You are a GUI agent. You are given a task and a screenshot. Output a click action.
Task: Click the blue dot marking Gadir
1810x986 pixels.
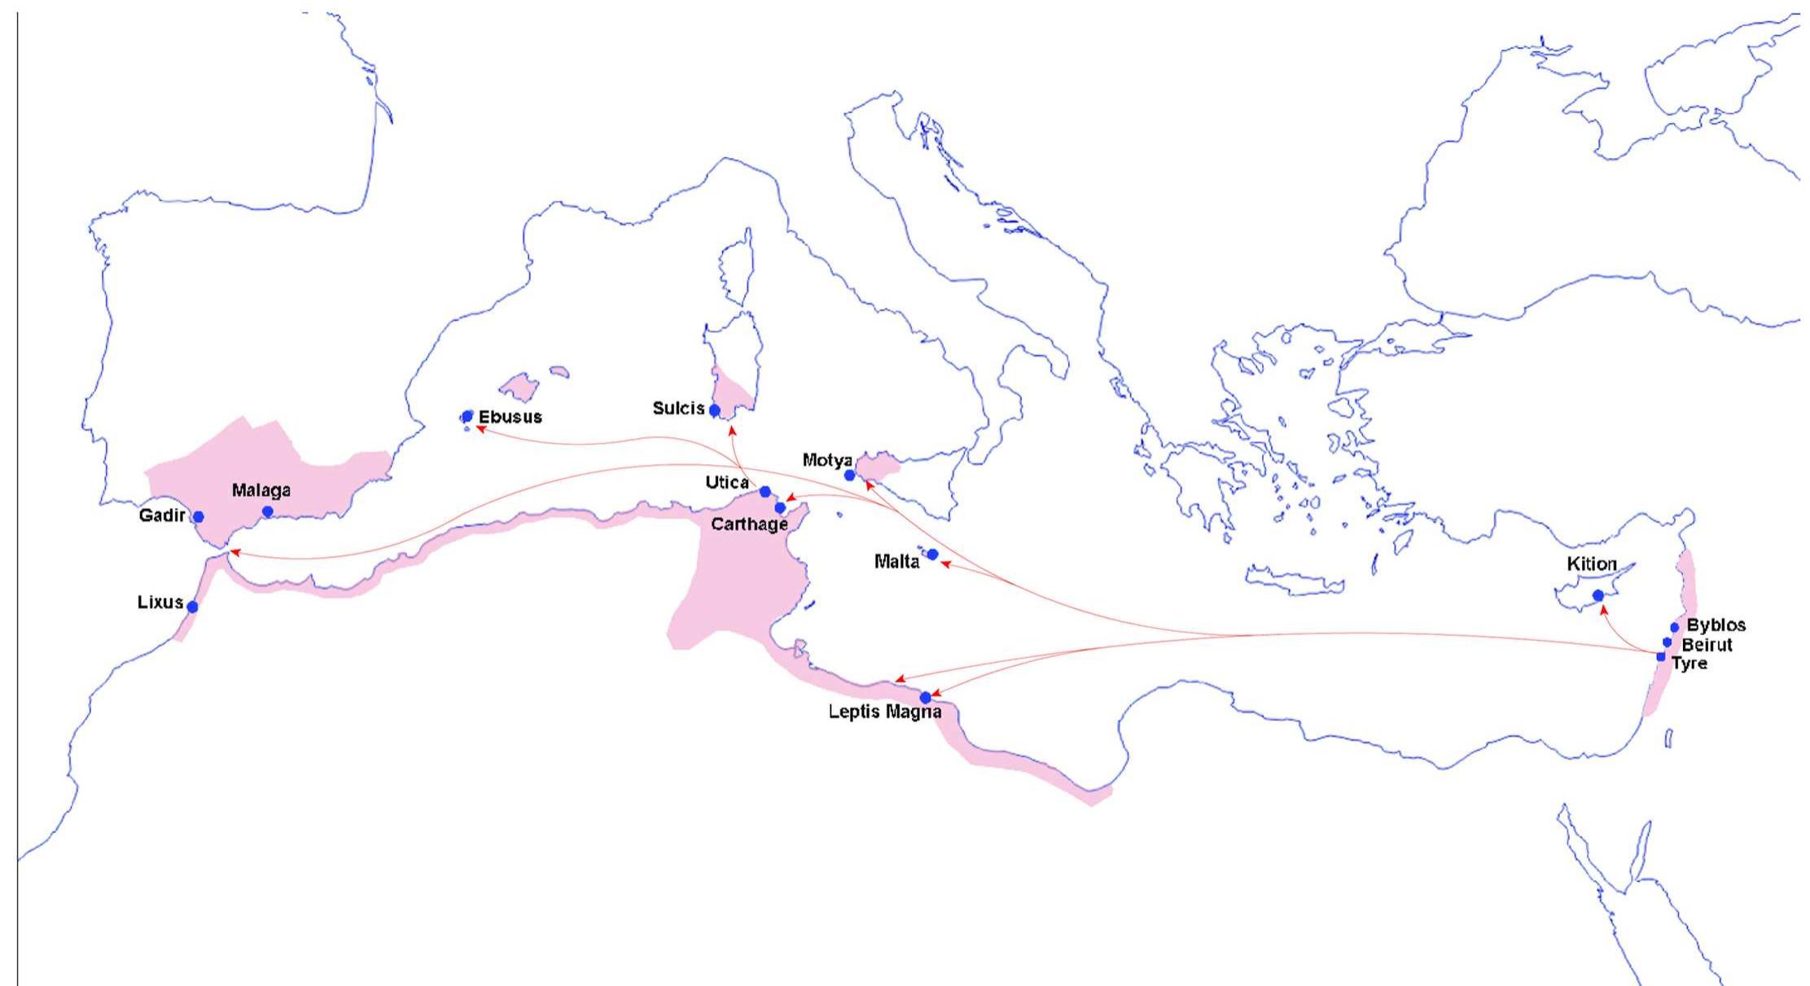pos(198,517)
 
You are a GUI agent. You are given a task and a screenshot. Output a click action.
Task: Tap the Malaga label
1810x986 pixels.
pos(261,490)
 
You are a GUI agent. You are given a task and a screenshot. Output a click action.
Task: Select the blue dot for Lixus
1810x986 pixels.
pos(192,607)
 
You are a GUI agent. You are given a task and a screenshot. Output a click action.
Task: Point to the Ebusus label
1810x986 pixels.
pos(510,417)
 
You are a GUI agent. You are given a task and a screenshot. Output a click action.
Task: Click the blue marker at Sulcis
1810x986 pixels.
pos(715,410)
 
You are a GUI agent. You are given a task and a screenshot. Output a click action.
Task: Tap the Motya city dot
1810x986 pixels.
pos(850,475)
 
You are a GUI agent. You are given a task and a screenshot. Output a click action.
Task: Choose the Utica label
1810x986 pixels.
pos(727,483)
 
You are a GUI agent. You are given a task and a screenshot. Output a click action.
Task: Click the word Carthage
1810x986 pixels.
pos(749,524)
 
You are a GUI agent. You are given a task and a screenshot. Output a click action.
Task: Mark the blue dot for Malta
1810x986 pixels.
pos(933,554)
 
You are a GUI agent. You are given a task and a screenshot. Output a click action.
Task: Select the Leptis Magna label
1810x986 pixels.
pos(885,712)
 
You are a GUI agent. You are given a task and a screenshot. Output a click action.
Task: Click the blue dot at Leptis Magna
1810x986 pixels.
pos(925,698)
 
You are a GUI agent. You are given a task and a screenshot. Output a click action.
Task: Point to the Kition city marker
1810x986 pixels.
pos(1598,595)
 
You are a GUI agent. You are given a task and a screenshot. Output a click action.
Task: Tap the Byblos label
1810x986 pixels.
pos(1716,625)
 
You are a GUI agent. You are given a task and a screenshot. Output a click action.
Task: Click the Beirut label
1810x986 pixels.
pos(1707,645)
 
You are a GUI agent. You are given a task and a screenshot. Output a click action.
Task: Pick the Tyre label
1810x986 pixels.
pos(1689,664)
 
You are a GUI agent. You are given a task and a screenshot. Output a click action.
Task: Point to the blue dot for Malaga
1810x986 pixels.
pos(267,511)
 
